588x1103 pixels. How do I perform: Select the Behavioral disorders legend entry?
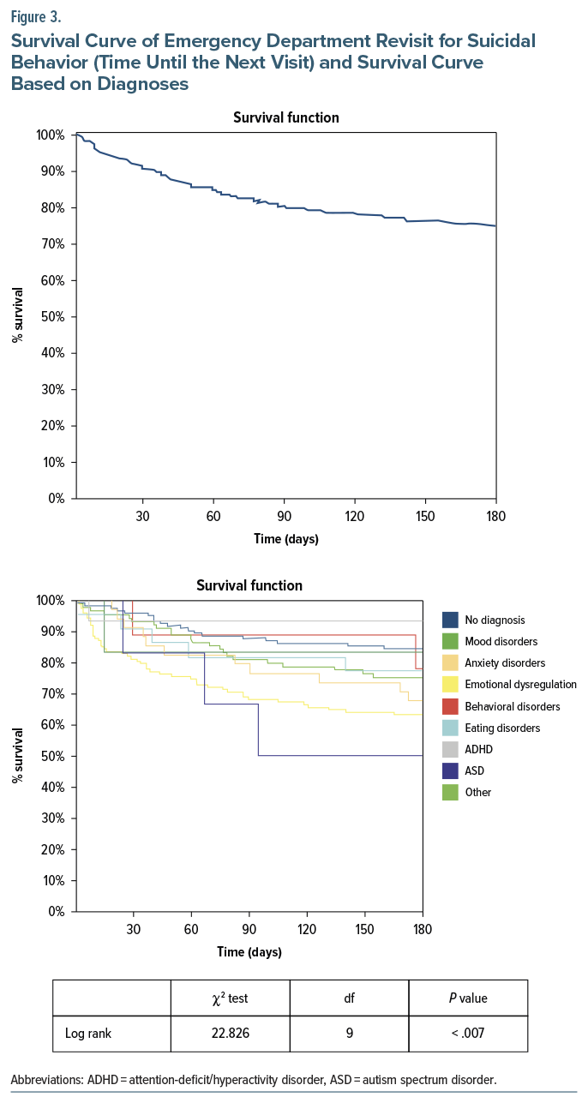click(x=512, y=706)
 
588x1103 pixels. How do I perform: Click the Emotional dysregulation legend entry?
click(x=520, y=685)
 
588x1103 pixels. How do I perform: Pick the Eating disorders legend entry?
click(x=502, y=728)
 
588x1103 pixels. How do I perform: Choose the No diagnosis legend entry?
click(x=495, y=620)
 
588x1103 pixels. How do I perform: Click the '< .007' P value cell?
click(x=467, y=1033)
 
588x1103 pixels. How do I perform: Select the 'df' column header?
click(x=350, y=998)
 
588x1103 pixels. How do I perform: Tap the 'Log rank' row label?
click(x=88, y=1033)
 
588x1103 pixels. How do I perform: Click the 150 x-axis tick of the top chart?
click(x=425, y=516)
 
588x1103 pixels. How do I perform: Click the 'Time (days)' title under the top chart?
click(x=286, y=539)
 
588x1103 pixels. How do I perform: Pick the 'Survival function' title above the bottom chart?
click(x=249, y=586)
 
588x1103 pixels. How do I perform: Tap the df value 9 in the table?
click(x=350, y=1033)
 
